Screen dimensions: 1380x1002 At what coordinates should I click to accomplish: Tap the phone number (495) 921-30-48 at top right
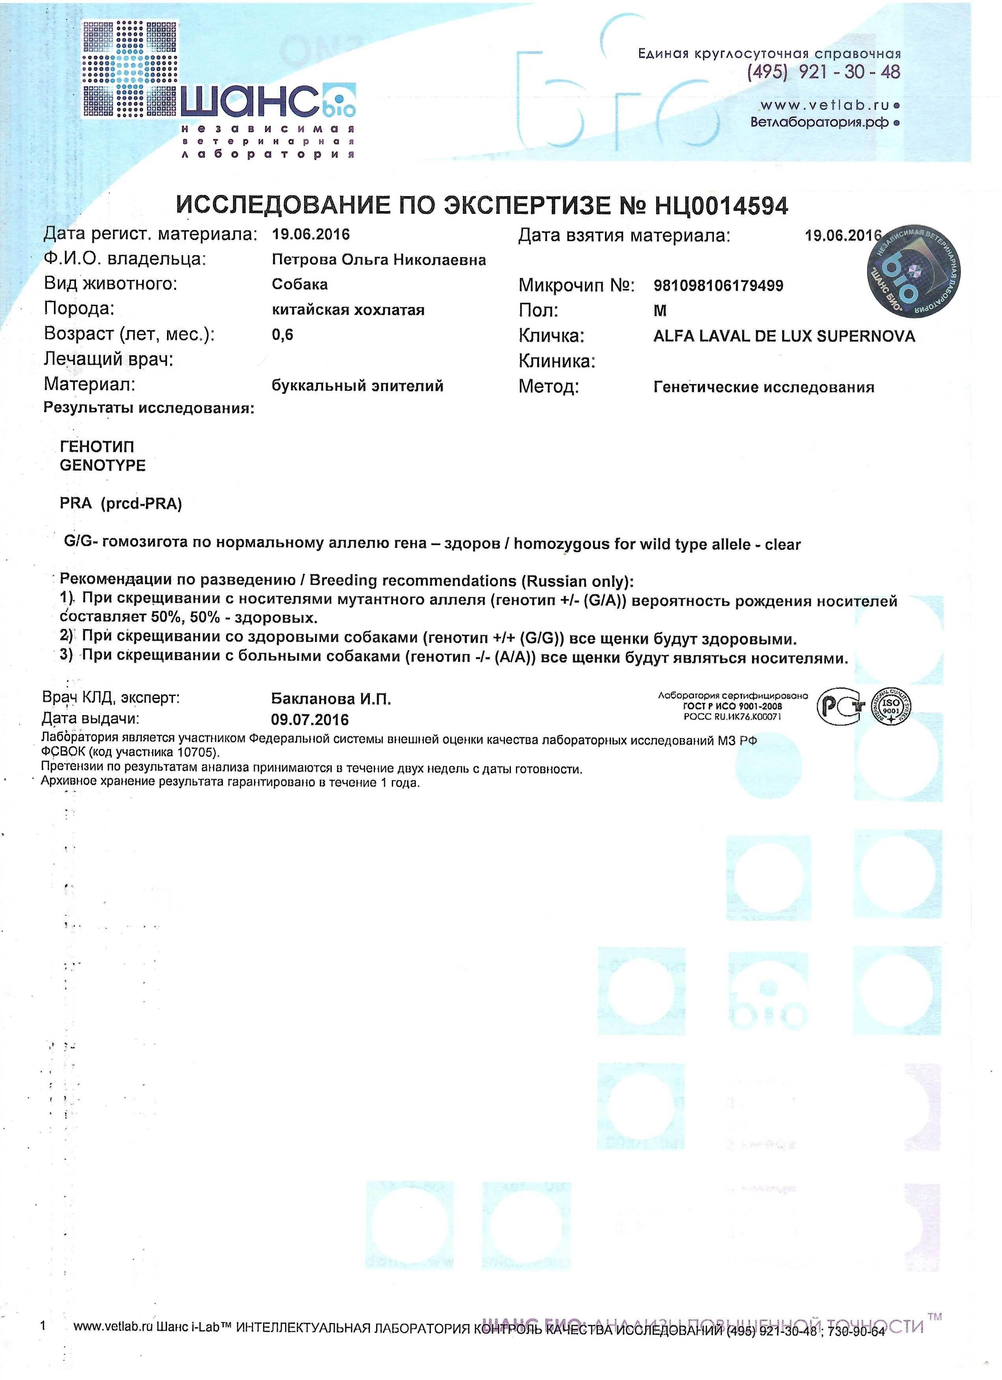pyautogui.click(x=823, y=72)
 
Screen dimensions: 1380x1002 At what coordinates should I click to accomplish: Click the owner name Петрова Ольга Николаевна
pyautogui.click(x=379, y=260)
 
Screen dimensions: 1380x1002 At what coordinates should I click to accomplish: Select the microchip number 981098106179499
pyautogui.click(x=718, y=286)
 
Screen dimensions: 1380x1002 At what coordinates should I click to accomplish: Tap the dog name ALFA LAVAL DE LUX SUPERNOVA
pyautogui.click(x=783, y=336)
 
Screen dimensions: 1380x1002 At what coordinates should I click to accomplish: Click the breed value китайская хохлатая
pyautogui.click(x=348, y=310)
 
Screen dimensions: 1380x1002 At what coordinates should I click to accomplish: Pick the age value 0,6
pyautogui.click(x=282, y=335)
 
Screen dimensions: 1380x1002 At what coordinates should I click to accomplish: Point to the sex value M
pyautogui.click(x=660, y=311)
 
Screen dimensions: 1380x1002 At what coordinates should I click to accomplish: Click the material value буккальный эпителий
pyautogui.click(x=357, y=386)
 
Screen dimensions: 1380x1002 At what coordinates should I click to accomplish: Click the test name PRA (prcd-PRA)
pyautogui.click(x=121, y=503)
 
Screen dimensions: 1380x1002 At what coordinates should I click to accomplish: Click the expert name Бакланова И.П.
pyautogui.click(x=331, y=699)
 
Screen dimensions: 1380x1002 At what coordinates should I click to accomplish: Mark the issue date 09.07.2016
pyautogui.click(x=310, y=720)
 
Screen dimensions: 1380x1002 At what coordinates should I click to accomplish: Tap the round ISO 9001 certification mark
pyautogui.click(x=891, y=707)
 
